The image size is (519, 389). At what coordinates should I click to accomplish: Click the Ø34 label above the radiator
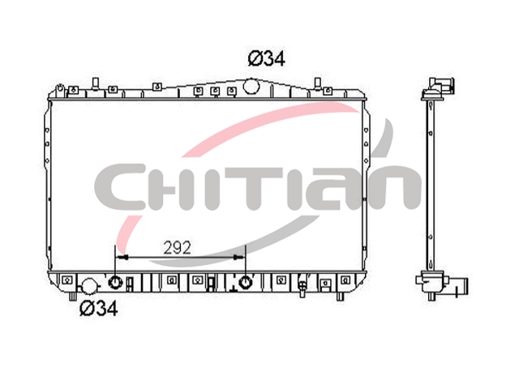point(266,59)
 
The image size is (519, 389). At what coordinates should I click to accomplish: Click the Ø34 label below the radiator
point(99,309)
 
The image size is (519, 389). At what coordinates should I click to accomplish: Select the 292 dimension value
point(178,248)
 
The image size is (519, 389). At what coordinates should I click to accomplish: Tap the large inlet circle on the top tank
point(251,86)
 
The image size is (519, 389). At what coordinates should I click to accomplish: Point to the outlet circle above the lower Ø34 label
point(89,286)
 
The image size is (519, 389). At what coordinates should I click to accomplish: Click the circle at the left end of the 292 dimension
point(115,283)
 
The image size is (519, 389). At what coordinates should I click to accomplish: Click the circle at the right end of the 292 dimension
point(245,282)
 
